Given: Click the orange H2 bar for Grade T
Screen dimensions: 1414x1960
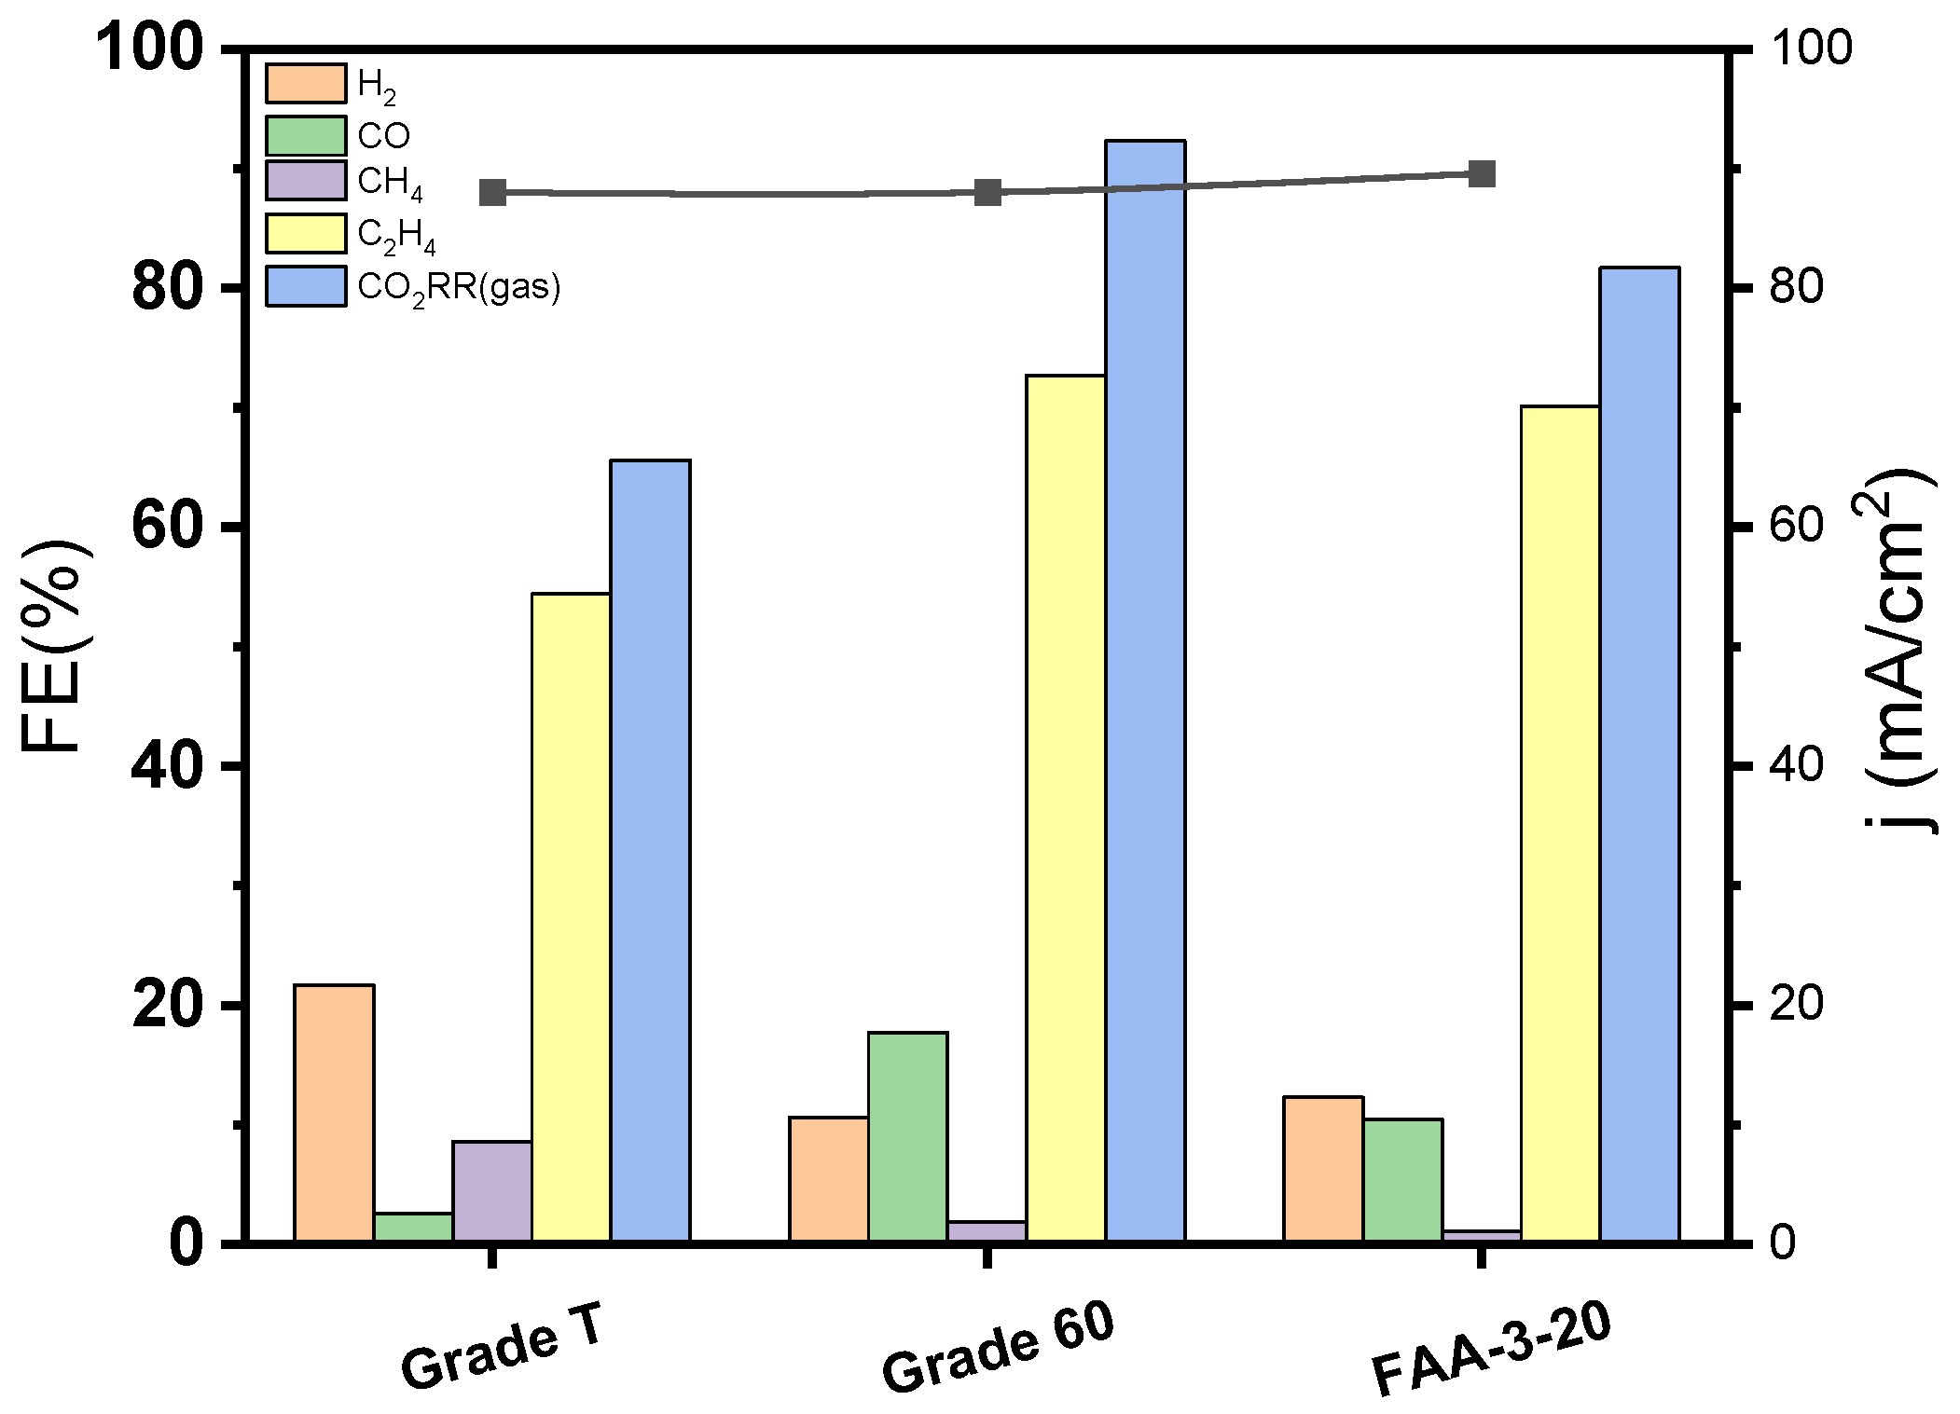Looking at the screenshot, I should coord(334,1113).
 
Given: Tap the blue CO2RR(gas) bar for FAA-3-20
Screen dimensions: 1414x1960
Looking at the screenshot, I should coord(1639,754).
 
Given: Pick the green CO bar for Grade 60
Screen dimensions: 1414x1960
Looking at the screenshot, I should coord(907,1136).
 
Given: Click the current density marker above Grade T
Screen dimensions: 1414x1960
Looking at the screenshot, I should coord(492,193).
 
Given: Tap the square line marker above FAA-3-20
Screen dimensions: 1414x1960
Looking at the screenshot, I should coord(1482,174).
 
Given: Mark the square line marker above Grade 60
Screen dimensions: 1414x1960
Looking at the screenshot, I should coord(987,193).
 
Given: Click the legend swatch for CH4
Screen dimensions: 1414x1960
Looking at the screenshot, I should coord(306,181).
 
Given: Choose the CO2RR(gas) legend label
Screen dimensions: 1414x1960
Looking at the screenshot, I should coord(459,287).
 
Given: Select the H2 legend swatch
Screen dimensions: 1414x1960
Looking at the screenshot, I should coord(306,83).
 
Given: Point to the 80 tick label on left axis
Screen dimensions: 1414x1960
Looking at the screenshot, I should coord(168,288).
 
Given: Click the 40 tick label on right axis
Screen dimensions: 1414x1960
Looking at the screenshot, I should coord(1795,765).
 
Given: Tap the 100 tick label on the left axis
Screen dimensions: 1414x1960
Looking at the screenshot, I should coord(149,48).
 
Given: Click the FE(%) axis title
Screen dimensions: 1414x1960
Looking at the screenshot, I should coord(54,645).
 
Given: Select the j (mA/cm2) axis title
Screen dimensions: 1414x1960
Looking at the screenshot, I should coord(1902,652).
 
